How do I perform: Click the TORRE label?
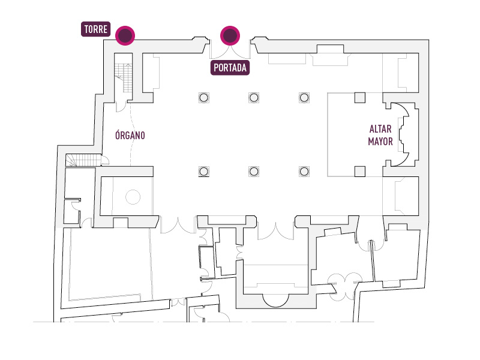pos(95,29)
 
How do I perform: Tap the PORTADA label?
pos(230,68)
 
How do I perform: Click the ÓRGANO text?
pos(130,135)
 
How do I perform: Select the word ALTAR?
pos(380,129)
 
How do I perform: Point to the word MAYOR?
pos(380,142)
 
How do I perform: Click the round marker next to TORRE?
pos(125,35)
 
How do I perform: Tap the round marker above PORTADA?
pos(230,35)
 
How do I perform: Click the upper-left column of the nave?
pos(203,98)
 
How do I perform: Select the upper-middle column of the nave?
pos(254,98)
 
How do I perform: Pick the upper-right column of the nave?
pos(304,98)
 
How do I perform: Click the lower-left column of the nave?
pos(203,172)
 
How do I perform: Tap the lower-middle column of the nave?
pos(254,172)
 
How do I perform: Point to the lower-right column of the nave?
pos(304,172)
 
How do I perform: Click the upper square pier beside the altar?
pos(359,98)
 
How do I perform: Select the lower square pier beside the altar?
pos(359,172)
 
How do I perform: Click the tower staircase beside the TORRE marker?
pos(124,77)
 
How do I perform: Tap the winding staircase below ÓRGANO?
pos(83,160)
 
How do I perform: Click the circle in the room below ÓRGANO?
pos(133,197)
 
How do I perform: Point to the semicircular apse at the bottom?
pos(275,301)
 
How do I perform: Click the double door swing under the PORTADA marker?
pos(230,52)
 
